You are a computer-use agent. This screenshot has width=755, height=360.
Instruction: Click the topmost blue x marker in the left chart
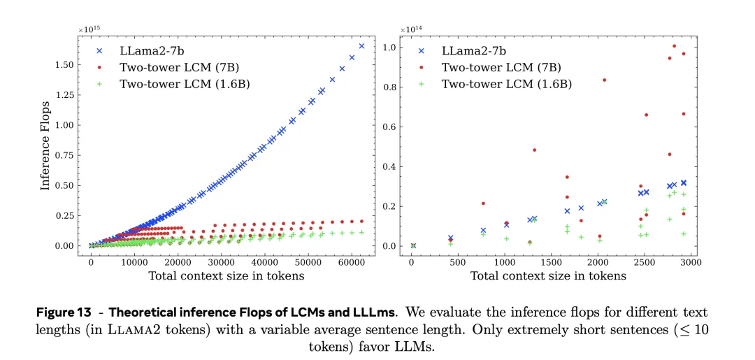361,46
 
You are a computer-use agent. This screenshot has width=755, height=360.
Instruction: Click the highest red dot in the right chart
674,46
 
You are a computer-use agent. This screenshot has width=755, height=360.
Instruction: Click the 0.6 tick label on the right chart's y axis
389,127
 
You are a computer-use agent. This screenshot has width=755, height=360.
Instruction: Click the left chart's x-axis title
226,275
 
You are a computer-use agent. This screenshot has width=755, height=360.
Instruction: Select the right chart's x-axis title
548,275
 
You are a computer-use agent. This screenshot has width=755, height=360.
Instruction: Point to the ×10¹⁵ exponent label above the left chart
89,29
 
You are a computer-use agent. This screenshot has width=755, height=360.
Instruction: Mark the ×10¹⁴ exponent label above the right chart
412,29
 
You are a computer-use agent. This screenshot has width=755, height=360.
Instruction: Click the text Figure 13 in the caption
68,312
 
